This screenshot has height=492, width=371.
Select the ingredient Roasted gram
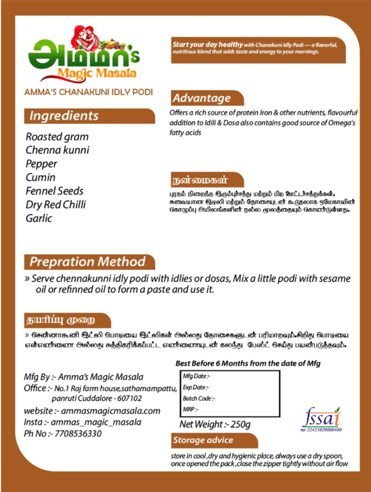[x=57, y=136]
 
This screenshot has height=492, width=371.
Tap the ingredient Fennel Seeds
[x=54, y=191]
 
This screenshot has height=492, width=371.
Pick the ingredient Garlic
[x=39, y=218]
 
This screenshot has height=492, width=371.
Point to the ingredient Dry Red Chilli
[x=55, y=204]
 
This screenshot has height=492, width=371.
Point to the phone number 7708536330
[x=78, y=434]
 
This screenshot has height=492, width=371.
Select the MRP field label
[x=190, y=409]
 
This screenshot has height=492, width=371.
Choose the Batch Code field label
[x=199, y=398]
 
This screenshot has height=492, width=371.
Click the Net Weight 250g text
[x=215, y=424]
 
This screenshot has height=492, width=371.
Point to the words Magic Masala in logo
[x=97, y=73]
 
